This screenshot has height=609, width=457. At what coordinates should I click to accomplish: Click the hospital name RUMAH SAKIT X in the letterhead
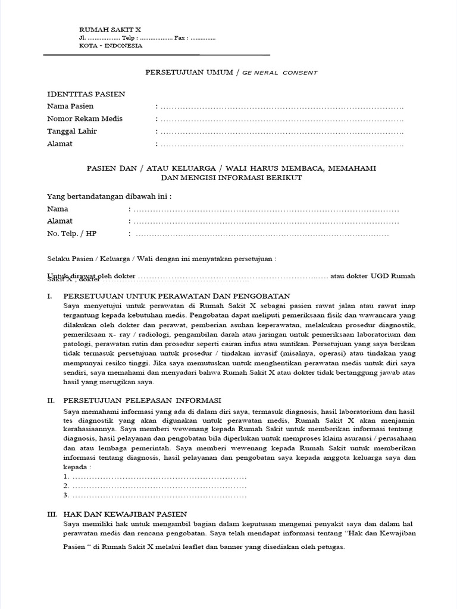pyautogui.click(x=110, y=30)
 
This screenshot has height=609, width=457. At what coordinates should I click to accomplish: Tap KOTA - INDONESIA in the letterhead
pyautogui.click(x=111, y=46)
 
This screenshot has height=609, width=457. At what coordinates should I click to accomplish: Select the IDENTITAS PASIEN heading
pyautogui.click(x=86, y=94)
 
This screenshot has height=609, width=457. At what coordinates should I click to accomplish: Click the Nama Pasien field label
pyautogui.click(x=70, y=106)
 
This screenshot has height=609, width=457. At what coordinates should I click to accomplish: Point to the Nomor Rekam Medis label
pyautogui.click(x=84, y=118)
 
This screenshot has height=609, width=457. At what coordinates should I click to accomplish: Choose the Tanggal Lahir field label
pyautogui.click(x=71, y=131)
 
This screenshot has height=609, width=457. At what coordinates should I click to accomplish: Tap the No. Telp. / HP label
pyautogui.click(x=71, y=234)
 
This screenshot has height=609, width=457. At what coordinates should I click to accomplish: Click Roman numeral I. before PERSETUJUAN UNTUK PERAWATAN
pyautogui.click(x=51, y=296)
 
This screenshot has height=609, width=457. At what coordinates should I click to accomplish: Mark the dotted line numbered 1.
pyautogui.click(x=158, y=477)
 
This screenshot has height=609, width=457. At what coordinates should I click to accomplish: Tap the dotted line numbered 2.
pyautogui.click(x=158, y=486)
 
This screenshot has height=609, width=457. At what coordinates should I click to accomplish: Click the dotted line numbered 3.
pyautogui.click(x=158, y=495)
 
